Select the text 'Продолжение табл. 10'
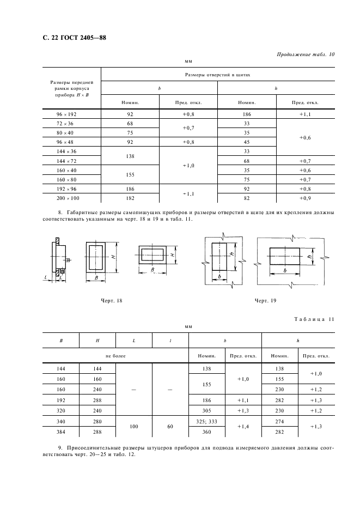point(306,54)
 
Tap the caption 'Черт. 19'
point(265,300)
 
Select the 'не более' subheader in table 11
point(115,356)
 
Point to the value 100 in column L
point(134,426)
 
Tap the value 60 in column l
point(170,426)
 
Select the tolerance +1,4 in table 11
point(243,426)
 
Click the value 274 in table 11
point(280,421)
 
